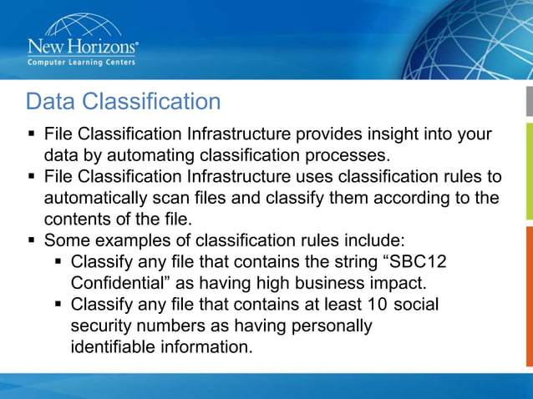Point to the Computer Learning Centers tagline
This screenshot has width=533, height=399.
coord(82,62)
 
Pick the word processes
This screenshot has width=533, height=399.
coord(342,155)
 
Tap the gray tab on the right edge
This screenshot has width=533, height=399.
coord(529,100)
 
